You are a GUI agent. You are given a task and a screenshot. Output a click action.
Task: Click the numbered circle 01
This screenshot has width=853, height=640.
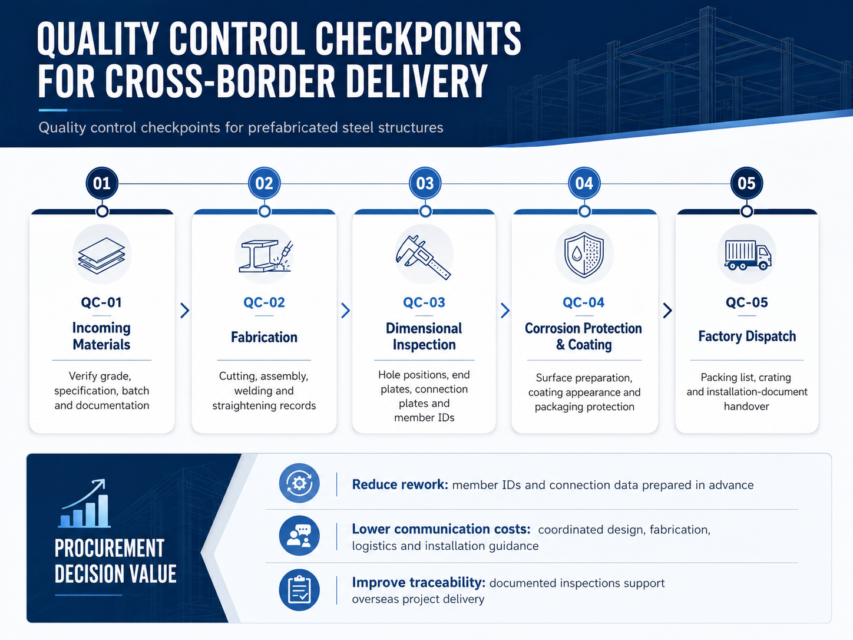point(102,183)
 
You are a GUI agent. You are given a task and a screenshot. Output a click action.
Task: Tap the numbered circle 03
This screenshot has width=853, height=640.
point(425,183)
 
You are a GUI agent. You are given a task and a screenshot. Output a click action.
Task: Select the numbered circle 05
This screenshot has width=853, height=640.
point(746,183)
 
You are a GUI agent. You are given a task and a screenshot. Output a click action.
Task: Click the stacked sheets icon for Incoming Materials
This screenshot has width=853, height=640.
point(102,255)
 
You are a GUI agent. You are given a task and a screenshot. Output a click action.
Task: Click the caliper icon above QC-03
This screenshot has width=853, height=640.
point(423,257)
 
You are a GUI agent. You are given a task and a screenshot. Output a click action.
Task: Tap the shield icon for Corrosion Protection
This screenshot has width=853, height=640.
point(584,255)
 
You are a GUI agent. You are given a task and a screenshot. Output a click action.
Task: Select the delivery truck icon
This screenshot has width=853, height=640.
point(748,255)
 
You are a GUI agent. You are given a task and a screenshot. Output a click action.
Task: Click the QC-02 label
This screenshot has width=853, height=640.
point(265,302)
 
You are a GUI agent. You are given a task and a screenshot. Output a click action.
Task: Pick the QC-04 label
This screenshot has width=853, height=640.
point(584,302)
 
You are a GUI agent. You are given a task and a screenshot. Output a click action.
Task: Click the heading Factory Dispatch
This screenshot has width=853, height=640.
point(747,336)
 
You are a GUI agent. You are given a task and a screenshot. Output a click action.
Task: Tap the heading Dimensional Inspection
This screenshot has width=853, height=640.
point(424,337)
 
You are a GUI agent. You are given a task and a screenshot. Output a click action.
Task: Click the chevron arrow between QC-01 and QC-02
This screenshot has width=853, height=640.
point(185,311)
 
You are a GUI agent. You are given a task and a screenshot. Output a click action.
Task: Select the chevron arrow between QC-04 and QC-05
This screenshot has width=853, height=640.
point(667,311)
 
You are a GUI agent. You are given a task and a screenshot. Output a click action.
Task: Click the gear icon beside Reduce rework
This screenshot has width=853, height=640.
point(299,483)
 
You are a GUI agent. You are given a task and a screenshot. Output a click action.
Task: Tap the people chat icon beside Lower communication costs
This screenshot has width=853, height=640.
point(299,536)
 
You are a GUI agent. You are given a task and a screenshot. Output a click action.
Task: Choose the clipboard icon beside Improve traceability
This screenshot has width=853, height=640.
point(299,590)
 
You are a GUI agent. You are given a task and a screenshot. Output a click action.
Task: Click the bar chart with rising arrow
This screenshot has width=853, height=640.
point(84,503)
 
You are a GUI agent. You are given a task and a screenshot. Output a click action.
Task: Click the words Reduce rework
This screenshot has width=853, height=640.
point(400,484)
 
